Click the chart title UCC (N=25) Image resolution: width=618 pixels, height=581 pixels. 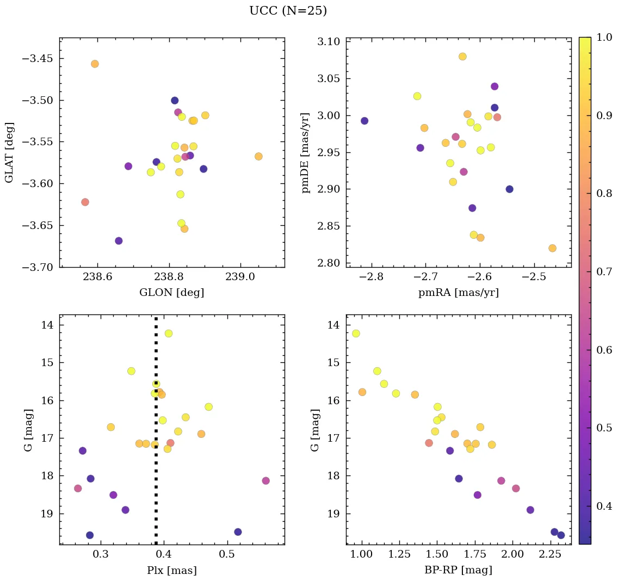288,11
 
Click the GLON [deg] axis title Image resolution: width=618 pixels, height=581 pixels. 171,293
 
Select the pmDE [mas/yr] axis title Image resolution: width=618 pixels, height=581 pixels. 305,153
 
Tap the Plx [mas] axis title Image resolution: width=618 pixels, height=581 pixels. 171,570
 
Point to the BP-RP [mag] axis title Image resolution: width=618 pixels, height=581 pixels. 458,570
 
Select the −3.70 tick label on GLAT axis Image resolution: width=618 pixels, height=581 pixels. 36,267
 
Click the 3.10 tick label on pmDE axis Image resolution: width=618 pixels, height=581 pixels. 328,42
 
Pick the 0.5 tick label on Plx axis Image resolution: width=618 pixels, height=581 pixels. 226,555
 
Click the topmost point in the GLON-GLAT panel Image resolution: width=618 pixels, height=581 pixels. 95,64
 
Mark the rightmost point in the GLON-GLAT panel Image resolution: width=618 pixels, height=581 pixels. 258,157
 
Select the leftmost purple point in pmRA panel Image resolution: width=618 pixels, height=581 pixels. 364,121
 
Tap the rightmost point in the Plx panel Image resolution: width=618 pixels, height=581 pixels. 265,480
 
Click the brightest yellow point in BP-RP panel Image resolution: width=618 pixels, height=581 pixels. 356,333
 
